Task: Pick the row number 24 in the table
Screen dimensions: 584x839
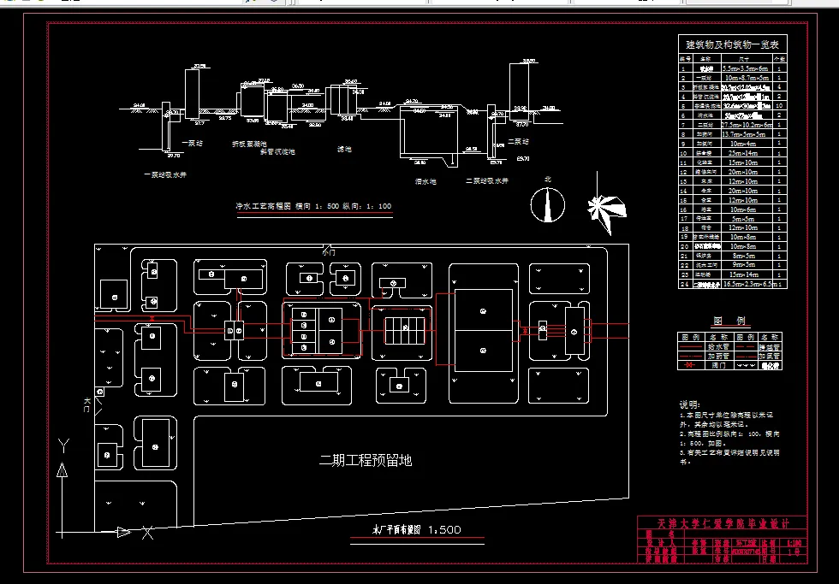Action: (x=685, y=283)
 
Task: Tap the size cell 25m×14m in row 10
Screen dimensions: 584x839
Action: (x=735, y=153)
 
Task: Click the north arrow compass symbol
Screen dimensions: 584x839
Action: (x=544, y=204)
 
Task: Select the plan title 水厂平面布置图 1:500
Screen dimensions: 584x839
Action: (x=417, y=530)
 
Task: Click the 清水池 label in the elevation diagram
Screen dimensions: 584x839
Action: (x=425, y=181)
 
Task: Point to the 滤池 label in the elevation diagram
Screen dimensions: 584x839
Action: (x=345, y=149)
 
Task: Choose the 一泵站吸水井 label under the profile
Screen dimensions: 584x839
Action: (x=166, y=175)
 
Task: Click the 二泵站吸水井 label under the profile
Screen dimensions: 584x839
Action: (x=487, y=181)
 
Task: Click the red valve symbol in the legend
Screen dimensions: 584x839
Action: (x=687, y=365)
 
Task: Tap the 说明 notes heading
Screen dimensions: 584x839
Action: (x=689, y=404)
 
